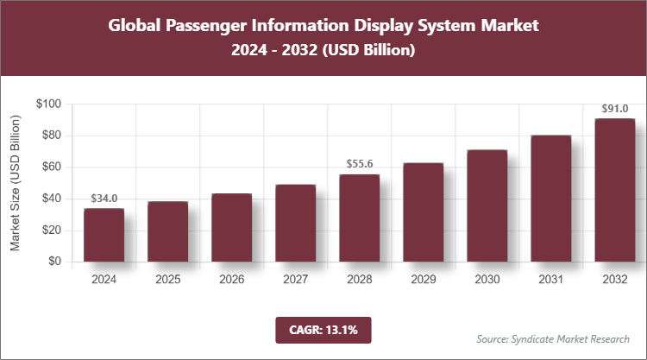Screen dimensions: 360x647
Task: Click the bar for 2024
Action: pyautogui.click(x=104, y=235)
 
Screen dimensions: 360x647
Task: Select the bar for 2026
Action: pyautogui.click(x=231, y=228)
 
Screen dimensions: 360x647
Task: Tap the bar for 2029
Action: pyautogui.click(x=423, y=212)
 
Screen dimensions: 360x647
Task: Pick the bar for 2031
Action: pyautogui.click(x=550, y=199)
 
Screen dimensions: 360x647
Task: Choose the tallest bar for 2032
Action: pyautogui.click(x=614, y=190)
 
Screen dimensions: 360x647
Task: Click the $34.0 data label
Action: pyautogui.click(x=104, y=199)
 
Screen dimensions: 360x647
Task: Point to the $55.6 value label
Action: pyautogui.click(x=359, y=164)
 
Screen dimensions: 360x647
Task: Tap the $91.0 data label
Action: pyautogui.click(x=614, y=109)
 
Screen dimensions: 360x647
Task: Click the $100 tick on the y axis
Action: pyautogui.click(x=48, y=104)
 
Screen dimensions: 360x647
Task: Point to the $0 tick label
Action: pyautogui.click(x=54, y=262)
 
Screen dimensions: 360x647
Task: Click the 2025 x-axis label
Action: pyautogui.click(x=167, y=280)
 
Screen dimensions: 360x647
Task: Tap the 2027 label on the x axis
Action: pyautogui.click(x=295, y=280)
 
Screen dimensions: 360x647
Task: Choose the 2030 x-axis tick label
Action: pyautogui.click(x=487, y=280)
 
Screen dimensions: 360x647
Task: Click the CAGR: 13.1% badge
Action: pyautogui.click(x=323, y=329)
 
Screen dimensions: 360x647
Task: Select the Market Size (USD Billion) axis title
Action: pyautogui.click(x=16, y=183)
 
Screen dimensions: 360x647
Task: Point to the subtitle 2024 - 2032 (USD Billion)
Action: pyautogui.click(x=323, y=51)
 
